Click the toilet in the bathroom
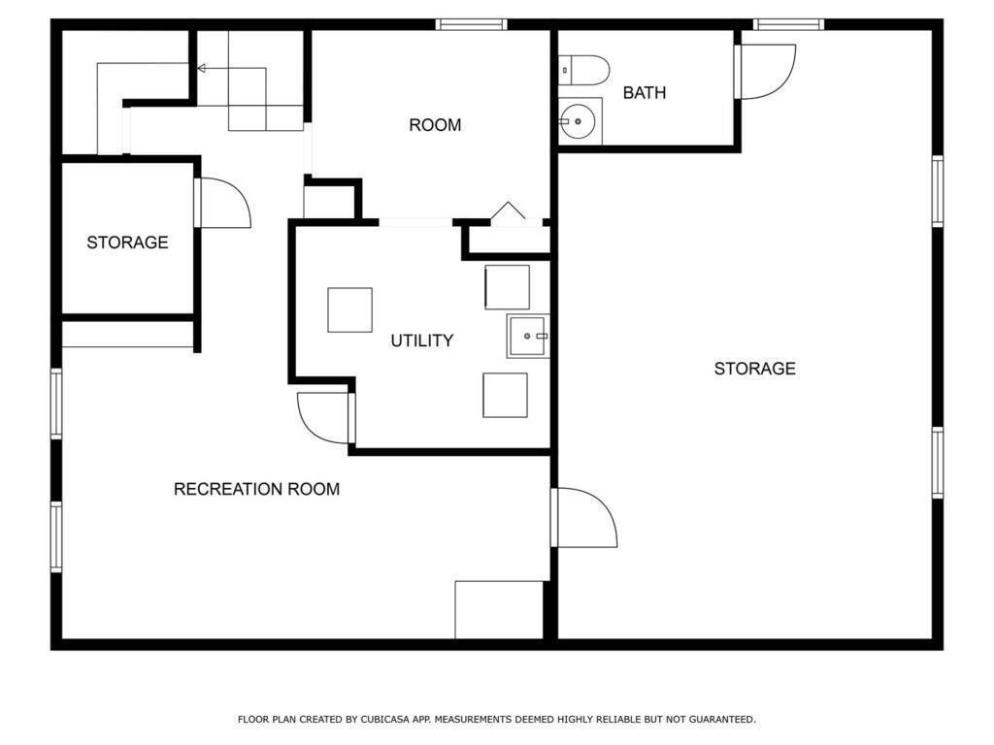pos(585,70)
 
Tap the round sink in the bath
pos(579,121)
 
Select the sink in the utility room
pos(528,336)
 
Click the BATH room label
pos(645,93)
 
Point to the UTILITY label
pos(421,340)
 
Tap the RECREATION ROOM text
pos(256,489)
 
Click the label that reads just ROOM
pos(434,125)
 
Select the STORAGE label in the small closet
pos(127,243)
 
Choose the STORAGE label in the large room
pos(754,369)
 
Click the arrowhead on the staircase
pos(202,68)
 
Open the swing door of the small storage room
pos(223,204)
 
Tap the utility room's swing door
pos(324,417)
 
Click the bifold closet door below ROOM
pos(508,212)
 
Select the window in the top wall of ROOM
pos(471,24)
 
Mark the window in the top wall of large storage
pos(788,24)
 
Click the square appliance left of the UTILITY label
pos(349,310)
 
